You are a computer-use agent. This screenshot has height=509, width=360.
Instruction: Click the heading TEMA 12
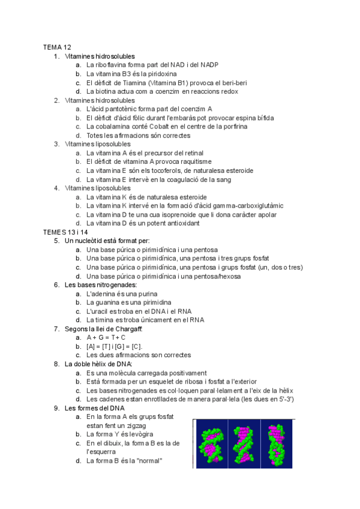(57, 47)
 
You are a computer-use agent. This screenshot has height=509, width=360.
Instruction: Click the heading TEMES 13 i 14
(65, 232)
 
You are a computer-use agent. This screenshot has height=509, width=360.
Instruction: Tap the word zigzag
(151, 425)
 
